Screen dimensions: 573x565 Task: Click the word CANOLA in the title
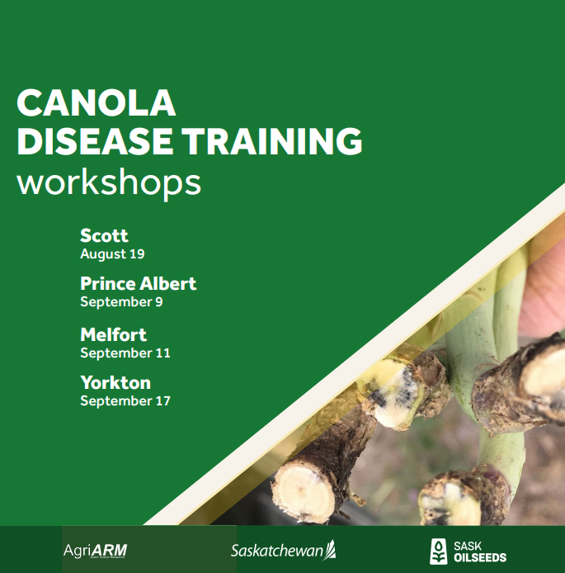pyautogui.click(x=97, y=102)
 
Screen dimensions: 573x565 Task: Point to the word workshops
pyautogui.click(x=109, y=182)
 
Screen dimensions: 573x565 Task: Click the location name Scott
pyautogui.click(x=104, y=236)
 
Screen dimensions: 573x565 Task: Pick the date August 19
pyautogui.click(x=112, y=254)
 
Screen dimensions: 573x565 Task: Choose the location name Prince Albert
pyautogui.click(x=139, y=284)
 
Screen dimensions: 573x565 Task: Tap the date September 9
pyautogui.click(x=121, y=302)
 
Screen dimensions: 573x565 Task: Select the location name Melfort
pyautogui.click(x=114, y=334)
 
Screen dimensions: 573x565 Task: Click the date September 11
pyautogui.click(x=125, y=353)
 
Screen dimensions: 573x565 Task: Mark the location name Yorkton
pyautogui.click(x=115, y=383)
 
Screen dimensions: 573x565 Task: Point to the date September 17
pyautogui.click(x=125, y=401)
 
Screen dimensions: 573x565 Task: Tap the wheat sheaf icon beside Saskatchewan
pyautogui.click(x=330, y=548)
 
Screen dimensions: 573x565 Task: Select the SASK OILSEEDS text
pyautogui.click(x=480, y=551)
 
